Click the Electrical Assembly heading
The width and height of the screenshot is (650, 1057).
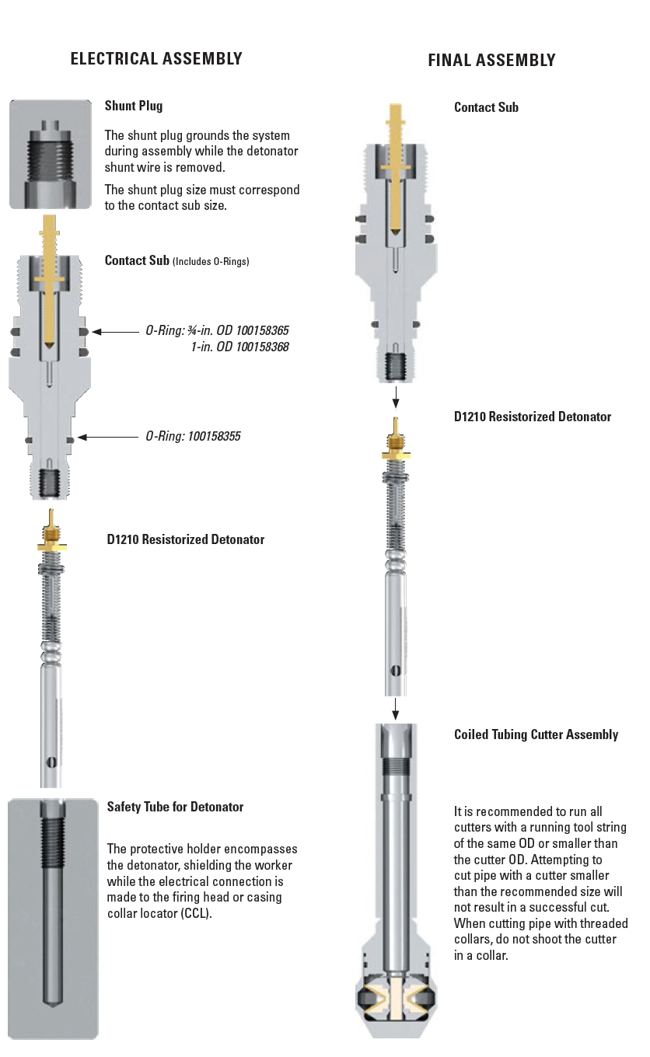pos(156,58)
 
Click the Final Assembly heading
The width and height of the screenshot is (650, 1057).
pos(491,61)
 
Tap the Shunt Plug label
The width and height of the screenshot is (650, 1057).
pos(134,106)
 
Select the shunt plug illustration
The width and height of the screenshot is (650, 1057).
pos(51,154)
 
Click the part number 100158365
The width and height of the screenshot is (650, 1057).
pos(263,330)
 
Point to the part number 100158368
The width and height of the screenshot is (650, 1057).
pos(263,347)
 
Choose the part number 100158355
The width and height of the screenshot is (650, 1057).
pos(214,436)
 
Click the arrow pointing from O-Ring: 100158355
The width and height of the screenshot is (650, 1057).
pos(108,438)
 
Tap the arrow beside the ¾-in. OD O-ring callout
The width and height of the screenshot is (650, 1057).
pos(116,332)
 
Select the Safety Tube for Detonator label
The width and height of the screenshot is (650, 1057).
pos(175,807)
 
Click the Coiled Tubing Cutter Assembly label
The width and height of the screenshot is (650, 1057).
pos(536,734)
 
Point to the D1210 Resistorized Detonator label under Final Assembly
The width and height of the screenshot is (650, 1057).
pos(533,417)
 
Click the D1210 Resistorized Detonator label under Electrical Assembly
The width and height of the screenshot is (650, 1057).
pos(186,539)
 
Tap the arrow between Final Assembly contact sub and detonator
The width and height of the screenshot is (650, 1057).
pos(396,397)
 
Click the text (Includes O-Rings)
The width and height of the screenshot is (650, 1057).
pos(211,261)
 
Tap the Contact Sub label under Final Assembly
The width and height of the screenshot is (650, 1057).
pos(486,107)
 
